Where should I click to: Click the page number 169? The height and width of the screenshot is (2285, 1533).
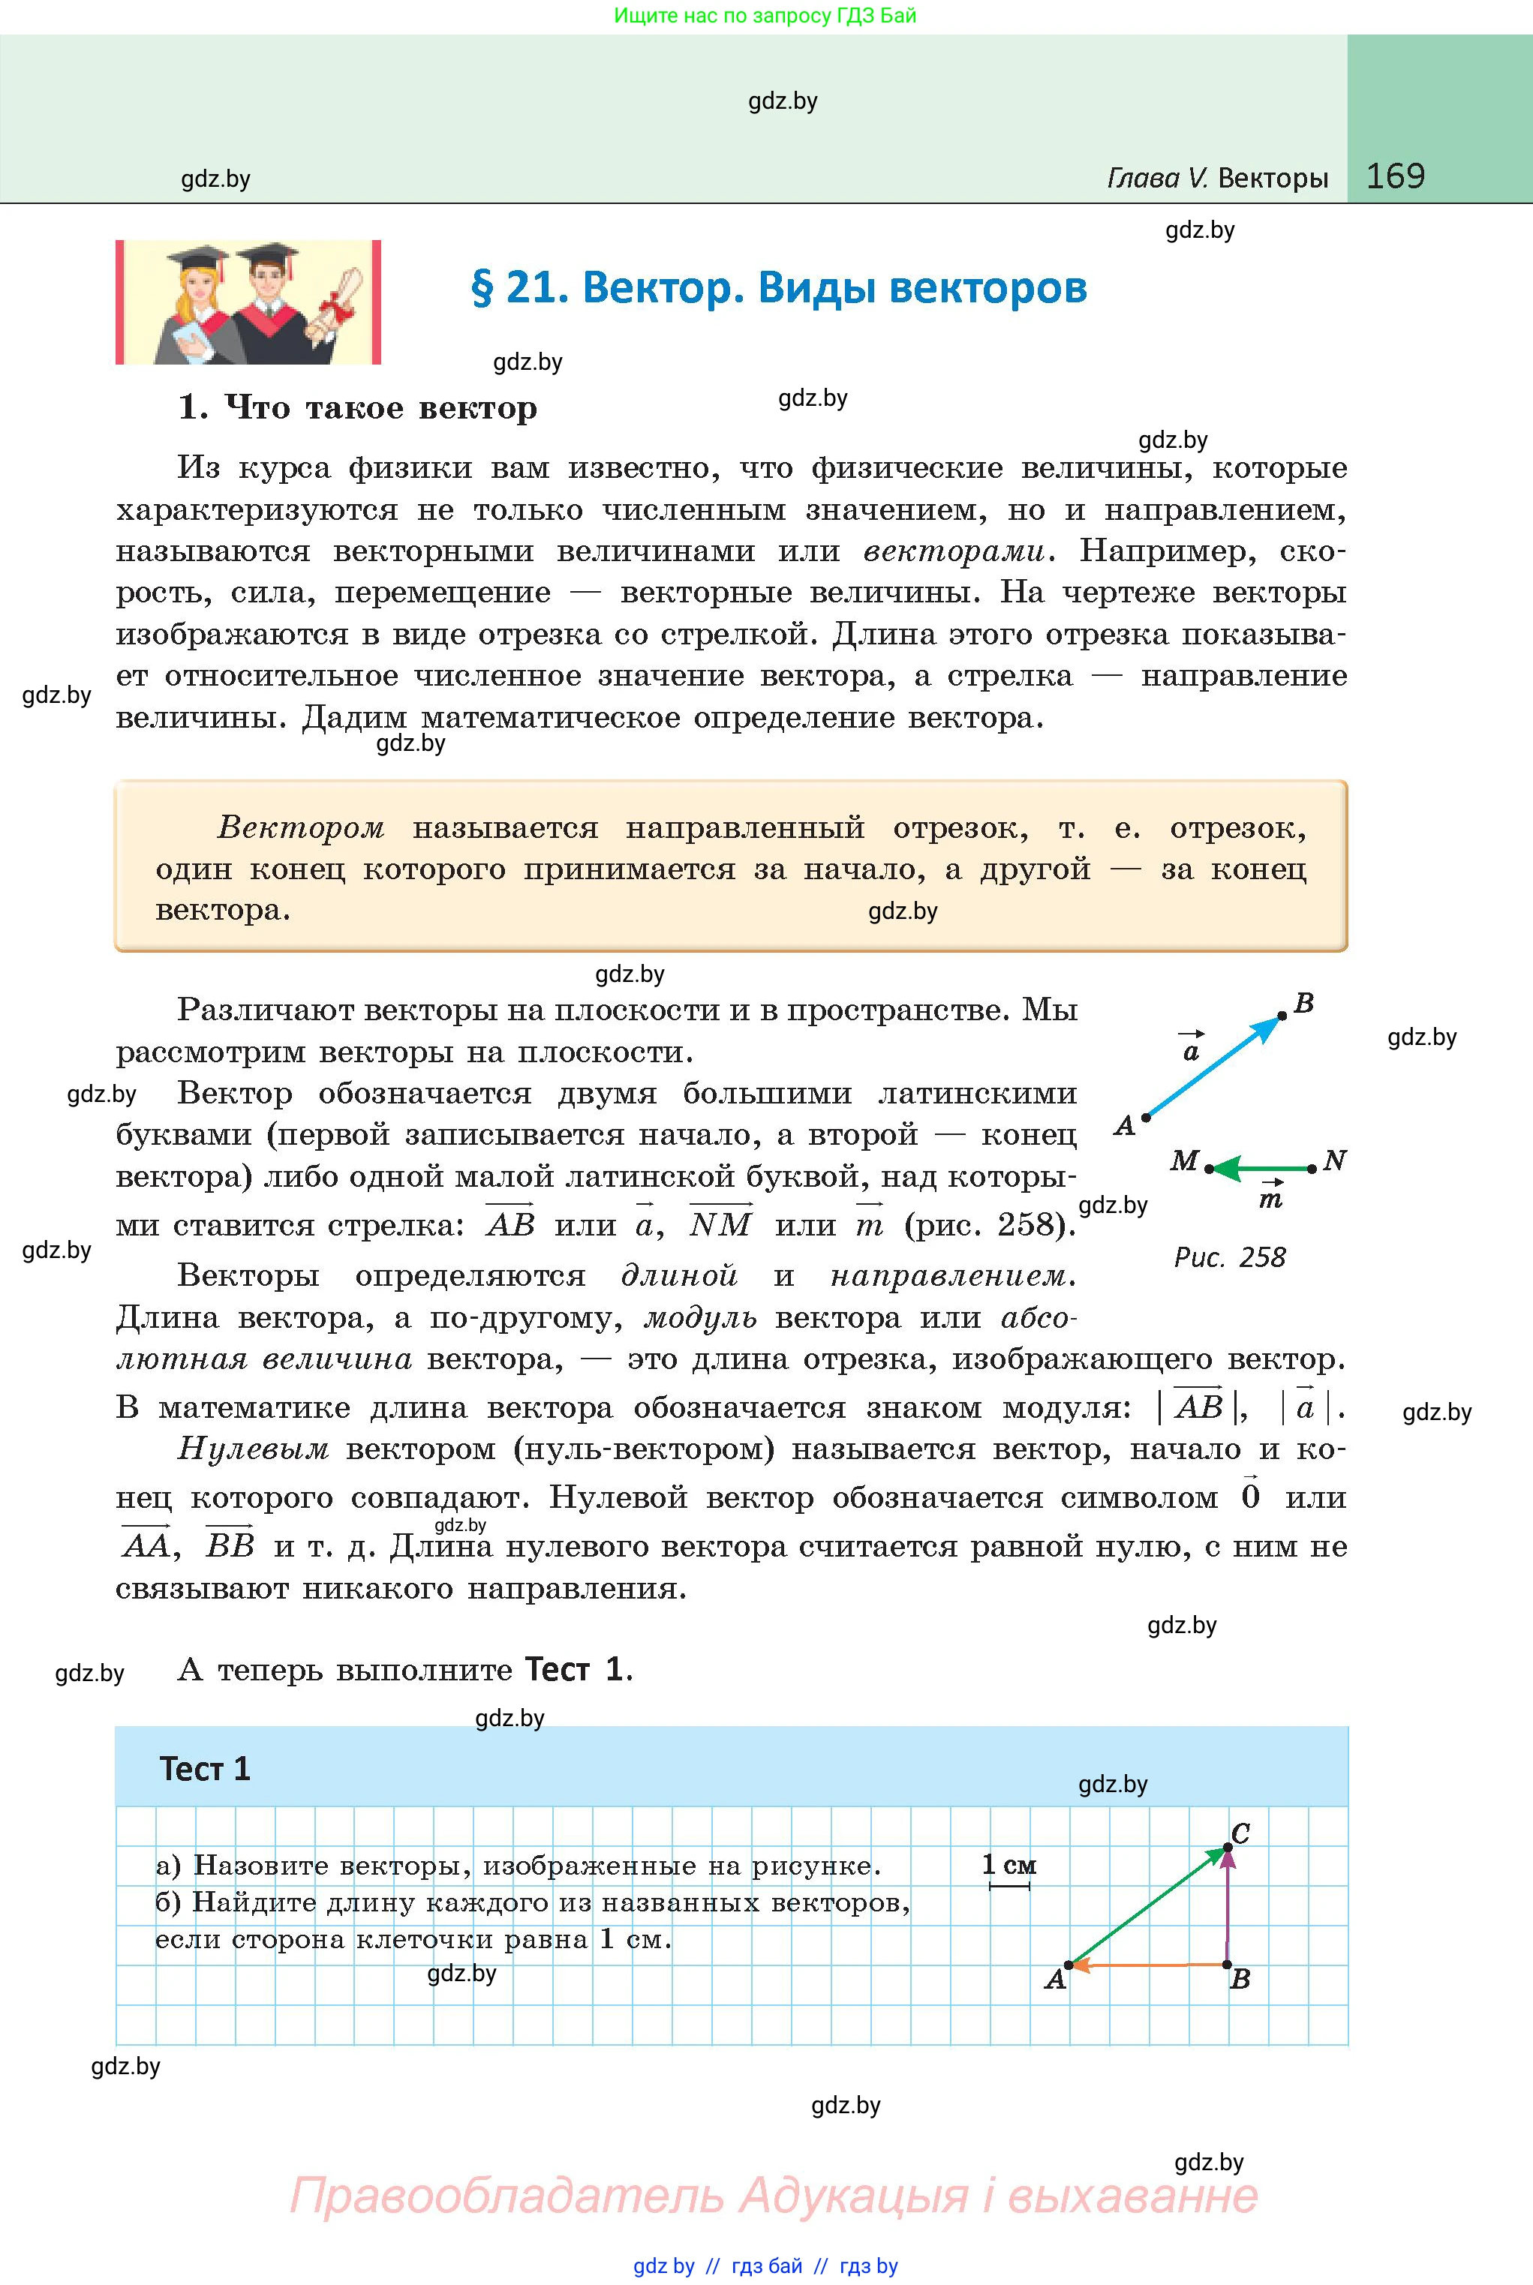point(1395,176)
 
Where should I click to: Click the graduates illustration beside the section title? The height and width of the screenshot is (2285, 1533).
point(248,303)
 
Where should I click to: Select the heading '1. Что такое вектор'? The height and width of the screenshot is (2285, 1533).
point(358,407)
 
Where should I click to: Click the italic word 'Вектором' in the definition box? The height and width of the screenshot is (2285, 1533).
point(301,827)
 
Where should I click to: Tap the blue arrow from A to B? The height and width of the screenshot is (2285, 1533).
point(1213,1067)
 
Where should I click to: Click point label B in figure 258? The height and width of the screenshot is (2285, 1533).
point(1303,1004)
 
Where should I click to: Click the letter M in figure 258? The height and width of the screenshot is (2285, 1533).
point(1184,1161)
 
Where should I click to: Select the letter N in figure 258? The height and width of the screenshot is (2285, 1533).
point(1335,1161)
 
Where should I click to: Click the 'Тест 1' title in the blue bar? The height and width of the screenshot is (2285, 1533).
point(206,1769)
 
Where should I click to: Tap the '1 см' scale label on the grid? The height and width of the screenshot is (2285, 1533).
point(1009,1865)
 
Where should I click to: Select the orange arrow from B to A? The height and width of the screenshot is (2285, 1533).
point(1149,1965)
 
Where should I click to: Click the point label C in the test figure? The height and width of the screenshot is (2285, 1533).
point(1240,1833)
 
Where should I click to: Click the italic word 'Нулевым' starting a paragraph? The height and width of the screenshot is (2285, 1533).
point(253,1449)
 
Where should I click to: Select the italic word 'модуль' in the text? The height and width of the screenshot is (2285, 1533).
point(700,1319)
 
